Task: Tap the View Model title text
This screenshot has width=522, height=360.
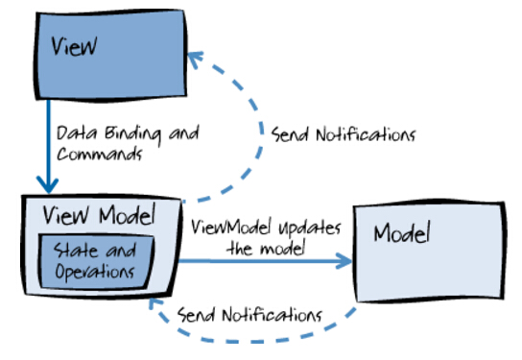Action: (x=90, y=214)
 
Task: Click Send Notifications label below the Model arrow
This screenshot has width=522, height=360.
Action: (x=253, y=314)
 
